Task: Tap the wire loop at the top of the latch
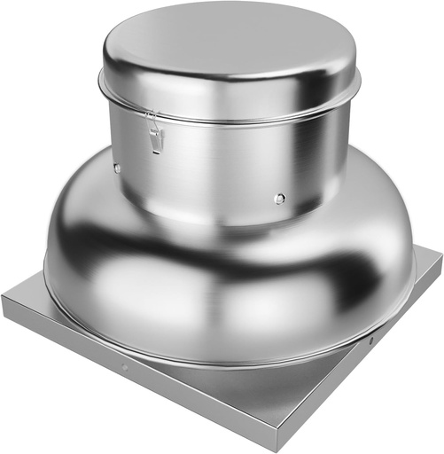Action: [x=152, y=117]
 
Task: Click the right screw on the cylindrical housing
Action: [x=280, y=199]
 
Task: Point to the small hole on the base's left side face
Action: [x=124, y=367]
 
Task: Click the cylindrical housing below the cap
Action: [x=222, y=168]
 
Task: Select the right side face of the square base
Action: [x=372, y=355]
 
